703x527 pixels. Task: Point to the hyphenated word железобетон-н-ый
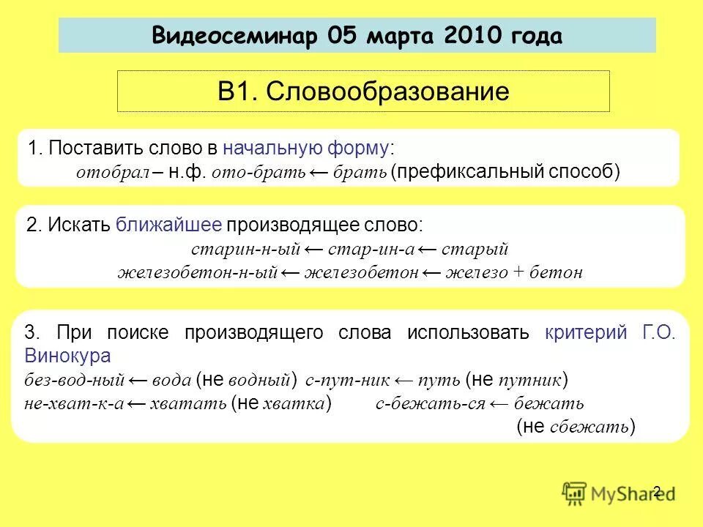pyautogui.click(x=197, y=273)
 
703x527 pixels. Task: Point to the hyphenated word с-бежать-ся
pyautogui.click(x=430, y=404)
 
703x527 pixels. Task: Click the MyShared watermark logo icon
pyautogui.click(x=574, y=493)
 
